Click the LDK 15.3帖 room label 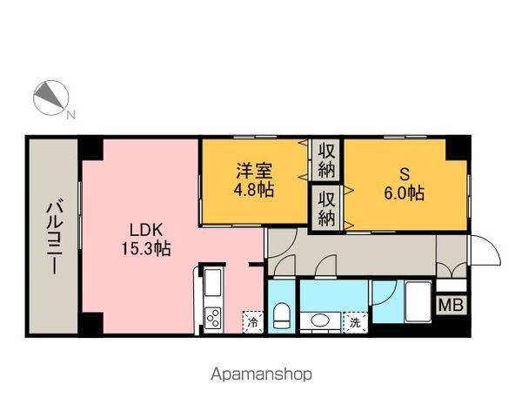[145, 239]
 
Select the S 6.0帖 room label [405, 183]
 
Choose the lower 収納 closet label [327, 209]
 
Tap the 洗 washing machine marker [355, 321]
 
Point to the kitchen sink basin [213, 284]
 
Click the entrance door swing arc [489, 250]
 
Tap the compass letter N [70, 115]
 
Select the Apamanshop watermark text [260, 375]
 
